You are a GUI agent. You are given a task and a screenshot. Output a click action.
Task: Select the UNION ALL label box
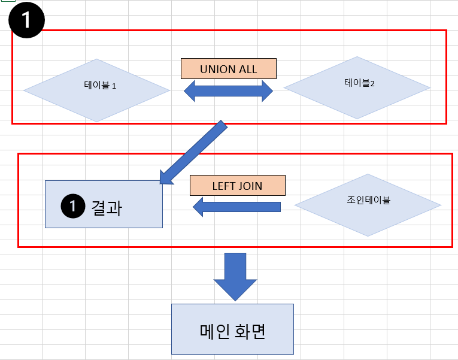pyautogui.click(x=228, y=69)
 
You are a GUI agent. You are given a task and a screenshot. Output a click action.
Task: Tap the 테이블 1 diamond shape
pyautogui.click(x=96, y=90)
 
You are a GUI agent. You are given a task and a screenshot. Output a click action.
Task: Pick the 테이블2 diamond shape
pyautogui.click(x=357, y=87)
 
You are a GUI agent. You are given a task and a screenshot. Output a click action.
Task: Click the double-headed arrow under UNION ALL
pyautogui.click(x=228, y=91)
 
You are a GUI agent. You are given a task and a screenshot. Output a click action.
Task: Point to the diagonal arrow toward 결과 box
pyautogui.click(x=193, y=152)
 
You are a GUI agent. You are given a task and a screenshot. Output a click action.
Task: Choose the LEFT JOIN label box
pyautogui.click(x=237, y=186)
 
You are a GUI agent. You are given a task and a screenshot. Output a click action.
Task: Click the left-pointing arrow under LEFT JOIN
pyautogui.click(x=236, y=207)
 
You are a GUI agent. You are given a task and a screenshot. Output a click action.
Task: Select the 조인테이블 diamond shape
pyautogui.click(x=368, y=205)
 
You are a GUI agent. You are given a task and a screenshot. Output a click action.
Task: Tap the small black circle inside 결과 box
pyautogui.click(x=71, y=207)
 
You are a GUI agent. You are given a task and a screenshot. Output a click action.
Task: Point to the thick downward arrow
pyautogui.click(x=235, y=276)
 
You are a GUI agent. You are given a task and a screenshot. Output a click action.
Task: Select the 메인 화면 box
pyautogui.click(x=232, y=329)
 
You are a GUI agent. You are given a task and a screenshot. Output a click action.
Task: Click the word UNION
pyautogui.click(x=216, y=69)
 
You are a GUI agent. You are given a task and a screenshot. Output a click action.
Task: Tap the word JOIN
pyautogui.click(x=250, y=186)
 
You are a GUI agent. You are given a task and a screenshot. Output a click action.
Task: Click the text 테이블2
pyautogui.click(x=359, y=83)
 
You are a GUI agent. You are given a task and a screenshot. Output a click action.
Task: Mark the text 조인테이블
pyautogui.click(x=368, y=200)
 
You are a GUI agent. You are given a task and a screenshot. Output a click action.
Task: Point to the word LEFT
pyautogui.click(x=223, y=186)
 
